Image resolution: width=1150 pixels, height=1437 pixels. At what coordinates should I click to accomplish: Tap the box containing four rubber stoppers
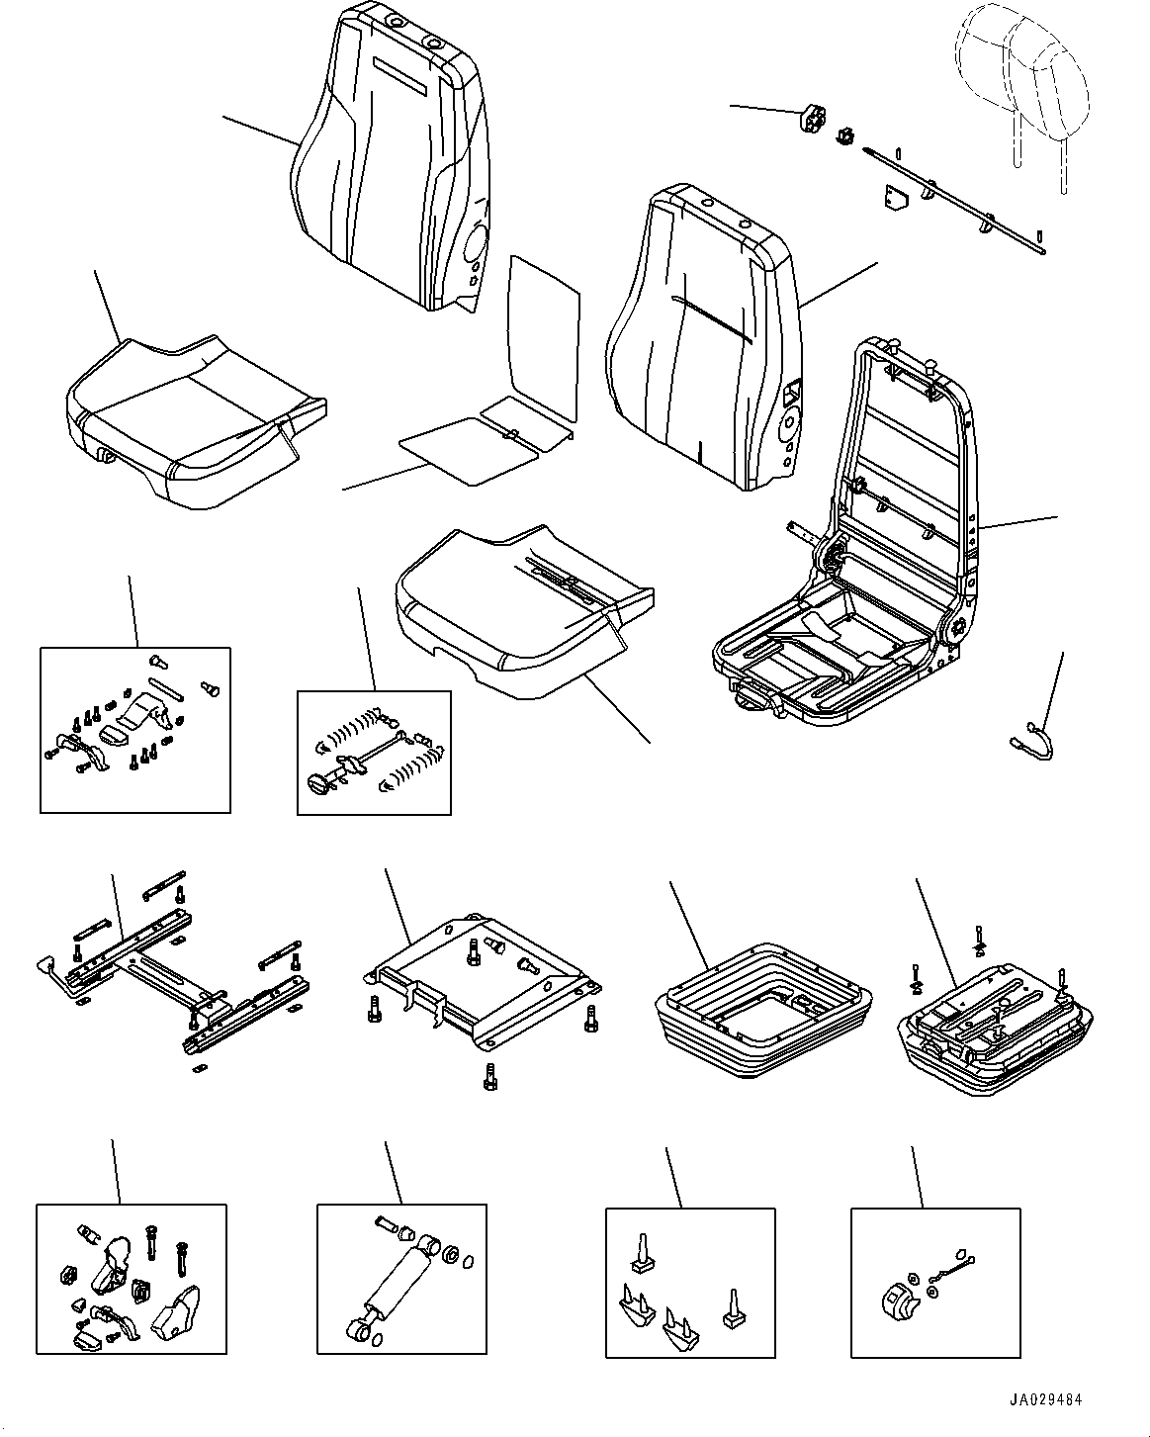pos(689,1282)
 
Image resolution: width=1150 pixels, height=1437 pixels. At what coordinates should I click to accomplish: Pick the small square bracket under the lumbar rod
pos(895,201)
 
